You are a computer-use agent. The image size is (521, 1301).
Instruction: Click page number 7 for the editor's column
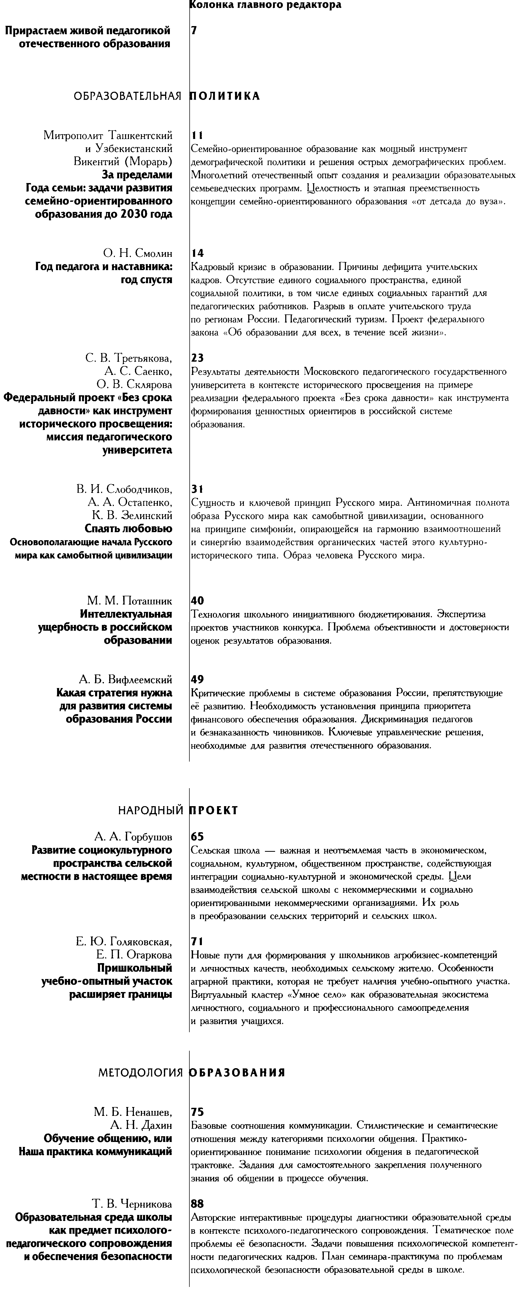pos(194,30)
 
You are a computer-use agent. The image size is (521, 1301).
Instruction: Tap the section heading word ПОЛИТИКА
pos(225,96)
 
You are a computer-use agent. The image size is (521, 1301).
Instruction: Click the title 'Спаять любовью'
pos(128,529)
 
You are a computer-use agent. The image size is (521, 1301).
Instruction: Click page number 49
pos(198,679)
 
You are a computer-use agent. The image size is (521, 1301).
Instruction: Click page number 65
pos(197,837)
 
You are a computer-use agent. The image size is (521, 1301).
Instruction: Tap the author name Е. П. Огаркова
pos(134,955)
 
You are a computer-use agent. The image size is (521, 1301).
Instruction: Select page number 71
pos(197,942)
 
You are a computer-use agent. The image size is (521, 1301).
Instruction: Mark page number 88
pos(197,1205)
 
